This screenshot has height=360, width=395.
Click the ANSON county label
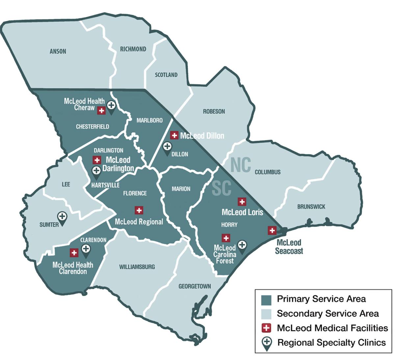tap(58, 51)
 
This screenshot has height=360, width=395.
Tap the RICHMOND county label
tap(133, 49)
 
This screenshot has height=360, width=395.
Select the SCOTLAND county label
tap(166, 75)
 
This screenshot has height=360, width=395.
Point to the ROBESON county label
tap(214, 112)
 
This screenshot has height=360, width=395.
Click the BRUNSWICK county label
tap(311, 207)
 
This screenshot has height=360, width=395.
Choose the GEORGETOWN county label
tap(195, 287)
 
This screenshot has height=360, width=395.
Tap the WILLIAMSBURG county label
tap(137, 267)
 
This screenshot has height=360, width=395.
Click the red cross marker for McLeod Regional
tap(139, 210)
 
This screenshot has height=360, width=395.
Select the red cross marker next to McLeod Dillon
tap(174, 135)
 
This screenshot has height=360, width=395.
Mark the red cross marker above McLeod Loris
tap(242, 202)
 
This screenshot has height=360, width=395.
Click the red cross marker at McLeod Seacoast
tap(272, 230)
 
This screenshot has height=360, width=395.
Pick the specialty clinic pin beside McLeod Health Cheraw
tap(111, 106)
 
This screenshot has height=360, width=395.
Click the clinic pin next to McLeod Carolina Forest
tap(242, 246)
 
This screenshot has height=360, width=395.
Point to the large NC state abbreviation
tap(241, 165)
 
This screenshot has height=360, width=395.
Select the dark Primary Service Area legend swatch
tap(266, 299)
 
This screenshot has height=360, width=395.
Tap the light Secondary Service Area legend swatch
tap(266, 314)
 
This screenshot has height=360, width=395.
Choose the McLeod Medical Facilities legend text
tap(332, 328)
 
